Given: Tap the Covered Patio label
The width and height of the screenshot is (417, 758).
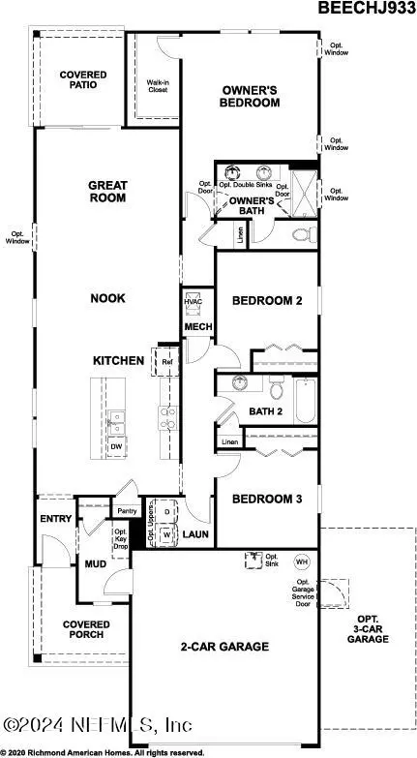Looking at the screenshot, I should pyautogui.click(x=82, y=81).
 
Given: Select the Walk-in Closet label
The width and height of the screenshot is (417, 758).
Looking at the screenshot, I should pyautogui.click(x=158, y=86).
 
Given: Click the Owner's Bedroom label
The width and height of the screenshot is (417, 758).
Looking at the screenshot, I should pyautogui.click(x=248, y=96).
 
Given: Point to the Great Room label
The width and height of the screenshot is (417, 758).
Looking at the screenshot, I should pyautogui.click(x=107, y=191).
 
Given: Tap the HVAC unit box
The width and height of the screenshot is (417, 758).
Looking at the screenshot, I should pyautogui.click(x=194, y=302).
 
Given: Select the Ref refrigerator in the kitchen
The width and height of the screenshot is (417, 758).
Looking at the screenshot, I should pyautogui.click(x=166, y=361).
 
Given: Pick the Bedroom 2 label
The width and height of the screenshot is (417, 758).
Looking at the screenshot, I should pyautogui.click(x=267, y=301).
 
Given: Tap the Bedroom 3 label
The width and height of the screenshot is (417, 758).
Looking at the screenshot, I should pyautogui.click(x=267, y=500).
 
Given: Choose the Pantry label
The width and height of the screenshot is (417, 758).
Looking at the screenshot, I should pyautogui.click(x=126, y=510).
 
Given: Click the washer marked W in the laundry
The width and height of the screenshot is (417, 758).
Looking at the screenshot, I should pyautogui.click(x=166, y=533).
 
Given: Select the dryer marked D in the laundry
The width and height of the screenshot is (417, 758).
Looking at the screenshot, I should pyautogui.click(x=166, y=511).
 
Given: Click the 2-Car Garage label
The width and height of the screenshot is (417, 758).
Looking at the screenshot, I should pyautogui.click(x=224, y=646).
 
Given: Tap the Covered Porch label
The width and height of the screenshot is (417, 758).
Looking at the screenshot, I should pyautogui.click(x=86, y=630).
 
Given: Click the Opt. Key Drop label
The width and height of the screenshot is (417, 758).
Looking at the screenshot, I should pyautogui.click(x=120, y=537).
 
